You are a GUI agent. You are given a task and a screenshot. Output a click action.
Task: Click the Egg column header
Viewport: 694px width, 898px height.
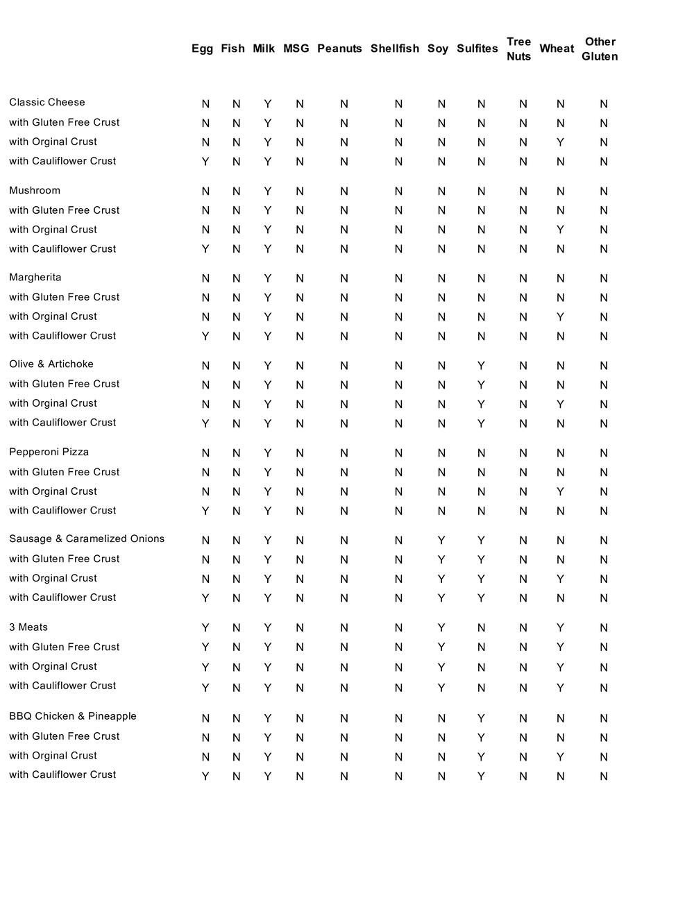coord(202,49)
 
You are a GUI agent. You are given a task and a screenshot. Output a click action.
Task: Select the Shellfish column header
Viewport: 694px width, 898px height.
coord(394,49)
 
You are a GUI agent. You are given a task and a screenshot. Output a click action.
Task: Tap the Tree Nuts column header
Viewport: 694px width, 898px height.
coord(518,49)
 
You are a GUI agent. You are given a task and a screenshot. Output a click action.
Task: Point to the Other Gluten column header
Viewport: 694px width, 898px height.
coord(600,49)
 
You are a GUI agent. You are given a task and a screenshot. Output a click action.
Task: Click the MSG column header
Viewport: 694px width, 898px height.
coord(296,49)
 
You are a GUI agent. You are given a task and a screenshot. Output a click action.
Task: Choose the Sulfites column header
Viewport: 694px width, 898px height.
coord(477,49)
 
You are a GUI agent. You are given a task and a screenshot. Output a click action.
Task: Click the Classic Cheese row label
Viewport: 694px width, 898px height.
coord(47,103)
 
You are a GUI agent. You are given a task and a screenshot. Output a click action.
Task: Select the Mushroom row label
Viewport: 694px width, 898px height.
coord(35,191)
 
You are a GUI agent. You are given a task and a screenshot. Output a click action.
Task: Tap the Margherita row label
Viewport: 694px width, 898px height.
coord(35,278)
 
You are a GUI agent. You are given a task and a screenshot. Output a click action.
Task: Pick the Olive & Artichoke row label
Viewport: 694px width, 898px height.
coord(51,364)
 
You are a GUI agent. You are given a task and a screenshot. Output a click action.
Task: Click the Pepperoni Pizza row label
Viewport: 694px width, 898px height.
coord(49,452)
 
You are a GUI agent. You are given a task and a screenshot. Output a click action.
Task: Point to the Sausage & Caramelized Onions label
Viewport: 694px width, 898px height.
coord(87,539)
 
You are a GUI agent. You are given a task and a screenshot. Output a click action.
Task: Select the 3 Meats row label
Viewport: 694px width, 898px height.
coord(28,627)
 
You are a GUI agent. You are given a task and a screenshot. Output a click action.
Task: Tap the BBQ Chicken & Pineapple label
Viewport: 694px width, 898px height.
coord(73,716)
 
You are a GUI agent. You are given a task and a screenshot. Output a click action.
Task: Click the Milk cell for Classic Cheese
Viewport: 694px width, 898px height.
coord(268,104)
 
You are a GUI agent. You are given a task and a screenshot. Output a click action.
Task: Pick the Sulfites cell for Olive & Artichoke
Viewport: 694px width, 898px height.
coord(481,366)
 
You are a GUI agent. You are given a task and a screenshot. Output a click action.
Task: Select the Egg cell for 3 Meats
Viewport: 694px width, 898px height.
coord(205,628)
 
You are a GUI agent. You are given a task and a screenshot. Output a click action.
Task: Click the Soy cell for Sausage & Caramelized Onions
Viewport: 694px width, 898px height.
coord(441,541)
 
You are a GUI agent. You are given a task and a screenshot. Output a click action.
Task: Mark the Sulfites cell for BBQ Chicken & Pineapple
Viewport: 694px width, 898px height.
coord(481,718)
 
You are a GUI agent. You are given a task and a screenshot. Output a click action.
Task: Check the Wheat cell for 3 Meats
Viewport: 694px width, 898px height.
coord(560,628)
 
